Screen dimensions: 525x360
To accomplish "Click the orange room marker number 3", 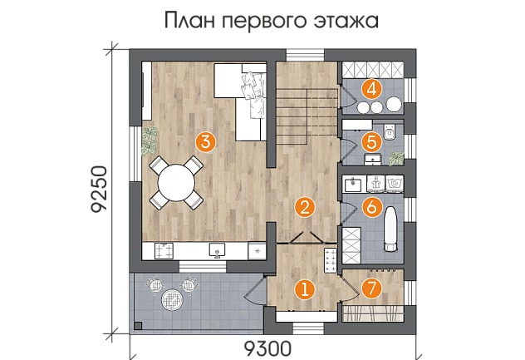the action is point(206,141).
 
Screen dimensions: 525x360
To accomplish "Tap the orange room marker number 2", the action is point(305,207).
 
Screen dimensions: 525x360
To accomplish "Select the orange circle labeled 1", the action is point(305,289).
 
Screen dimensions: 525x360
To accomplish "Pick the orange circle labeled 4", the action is point(371,90).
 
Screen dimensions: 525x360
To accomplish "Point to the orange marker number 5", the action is point(371,142).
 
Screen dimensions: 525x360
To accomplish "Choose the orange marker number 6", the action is point(371,207).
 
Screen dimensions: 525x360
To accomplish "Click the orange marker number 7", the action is point(371,288).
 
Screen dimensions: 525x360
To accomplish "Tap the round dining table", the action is point(176,183).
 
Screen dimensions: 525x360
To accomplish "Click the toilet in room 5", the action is point(390,131).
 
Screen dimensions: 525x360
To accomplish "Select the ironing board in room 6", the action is point(390,229).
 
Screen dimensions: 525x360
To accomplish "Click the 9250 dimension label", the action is point(100,190).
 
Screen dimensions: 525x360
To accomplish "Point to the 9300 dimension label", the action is point(267,349).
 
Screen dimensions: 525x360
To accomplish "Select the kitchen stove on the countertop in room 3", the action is point(164,251).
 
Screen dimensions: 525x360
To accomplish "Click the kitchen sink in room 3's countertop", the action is point(217,250).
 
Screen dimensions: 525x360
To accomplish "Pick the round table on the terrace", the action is point(172,299).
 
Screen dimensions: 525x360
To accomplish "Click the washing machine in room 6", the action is point(395,184).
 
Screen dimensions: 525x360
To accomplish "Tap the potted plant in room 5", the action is point(396,158).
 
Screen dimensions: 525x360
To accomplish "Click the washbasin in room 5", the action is point(372,160).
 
